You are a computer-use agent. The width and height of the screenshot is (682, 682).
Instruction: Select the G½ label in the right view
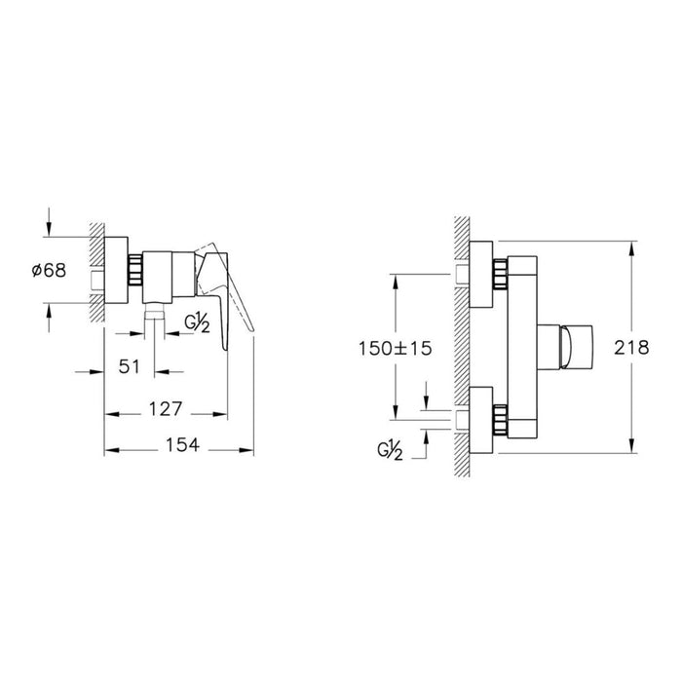click(391, 450)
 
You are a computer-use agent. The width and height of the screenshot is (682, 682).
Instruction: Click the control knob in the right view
click(570, 347)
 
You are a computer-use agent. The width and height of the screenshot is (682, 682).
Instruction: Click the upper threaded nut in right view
click(501, 274)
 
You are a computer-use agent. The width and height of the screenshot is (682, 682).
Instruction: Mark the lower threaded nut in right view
click(501, 419)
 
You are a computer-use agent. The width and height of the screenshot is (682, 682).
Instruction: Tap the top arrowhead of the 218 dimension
click(634, 247)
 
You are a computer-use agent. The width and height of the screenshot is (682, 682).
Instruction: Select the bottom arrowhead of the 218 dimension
click(634, 447)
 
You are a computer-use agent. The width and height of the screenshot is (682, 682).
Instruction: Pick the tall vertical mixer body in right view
click(523, 347)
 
